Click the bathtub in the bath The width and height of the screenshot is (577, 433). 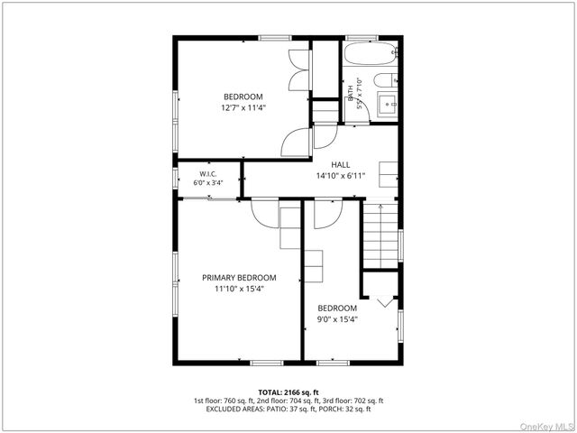click(371, 54)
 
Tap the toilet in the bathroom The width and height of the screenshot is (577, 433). click(386, 80)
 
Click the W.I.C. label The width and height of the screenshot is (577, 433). click(208, 174)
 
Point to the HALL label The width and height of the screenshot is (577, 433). click(341, 165)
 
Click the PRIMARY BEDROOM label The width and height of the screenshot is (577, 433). click(239, 278)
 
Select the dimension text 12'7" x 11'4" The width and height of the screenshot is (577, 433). click(243, 108)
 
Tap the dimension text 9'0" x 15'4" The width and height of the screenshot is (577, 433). click(337, 319)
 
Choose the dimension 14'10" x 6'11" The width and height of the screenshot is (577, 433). click(341, 176)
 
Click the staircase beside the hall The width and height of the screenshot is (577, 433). click(380, 235)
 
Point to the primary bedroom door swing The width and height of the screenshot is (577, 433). click(265, 214)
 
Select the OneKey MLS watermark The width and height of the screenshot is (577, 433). click(547, 427)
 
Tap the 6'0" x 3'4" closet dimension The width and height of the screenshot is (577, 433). click(208, 182)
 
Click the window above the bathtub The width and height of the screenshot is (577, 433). click(362, 38)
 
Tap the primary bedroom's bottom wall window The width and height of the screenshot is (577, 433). click(267, 363)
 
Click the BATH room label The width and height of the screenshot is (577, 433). click(351, 93)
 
